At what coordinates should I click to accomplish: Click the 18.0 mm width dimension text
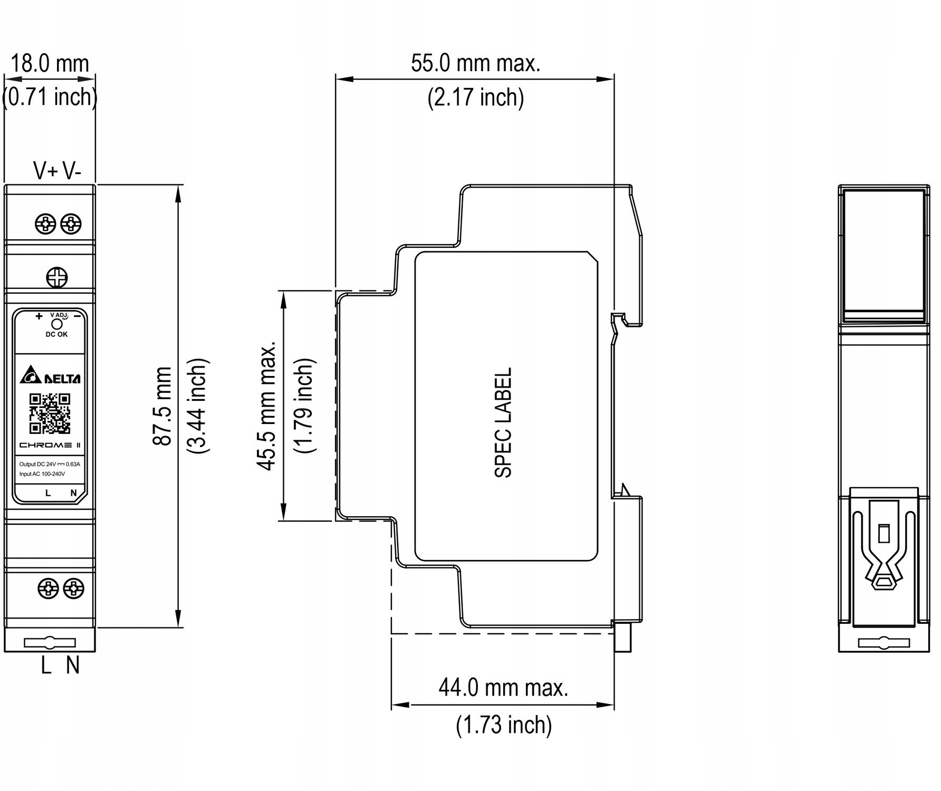click(x=50, y=64)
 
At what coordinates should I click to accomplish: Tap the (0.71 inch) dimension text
click(x=50, y=97)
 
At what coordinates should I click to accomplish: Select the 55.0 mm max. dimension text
click(x=476, y=64)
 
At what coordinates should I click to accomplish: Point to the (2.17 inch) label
click(x=476, y=98)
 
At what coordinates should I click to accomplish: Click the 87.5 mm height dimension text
click(x=162, y=407)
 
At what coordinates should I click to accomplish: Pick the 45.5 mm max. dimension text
click(x=267, y=405)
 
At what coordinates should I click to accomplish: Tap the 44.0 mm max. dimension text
click(x=504, y=688)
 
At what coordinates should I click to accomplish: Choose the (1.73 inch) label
click(x=504, y=725)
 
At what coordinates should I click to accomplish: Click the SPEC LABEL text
click(x=503, y=423)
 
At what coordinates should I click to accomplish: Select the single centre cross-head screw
click(x=57, y=277)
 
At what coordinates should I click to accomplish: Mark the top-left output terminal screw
click(x=45, y=224)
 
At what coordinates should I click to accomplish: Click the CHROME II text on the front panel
click(x=50, y=445)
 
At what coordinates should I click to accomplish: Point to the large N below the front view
click(x=73, y=666)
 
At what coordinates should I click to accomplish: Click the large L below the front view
click(x=46, y=666)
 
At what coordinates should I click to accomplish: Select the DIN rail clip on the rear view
click(x=884, y=558)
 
